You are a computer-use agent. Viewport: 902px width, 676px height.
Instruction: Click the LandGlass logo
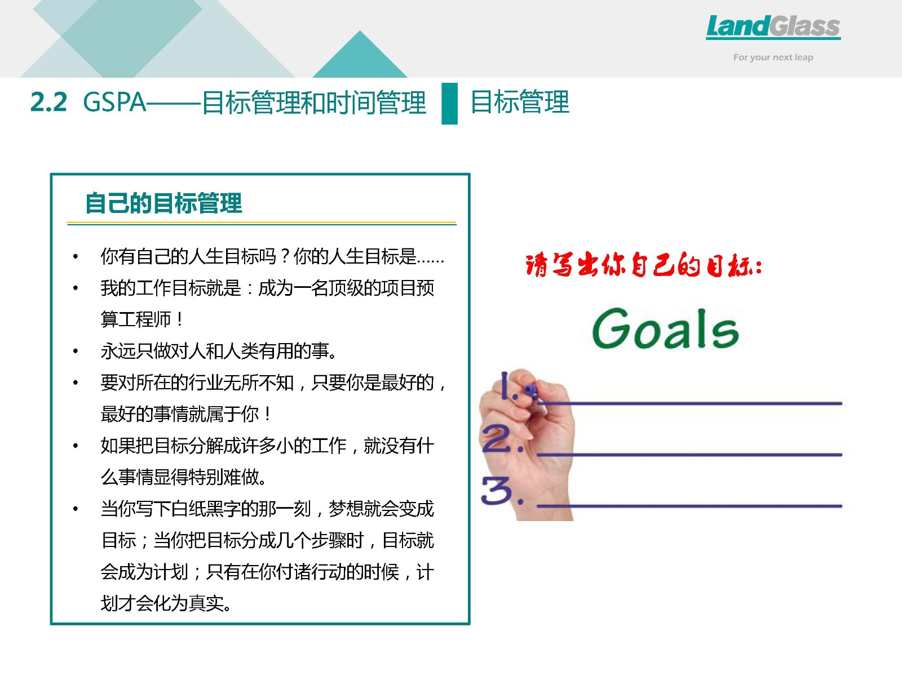pyautogui.click(x=773, y=26)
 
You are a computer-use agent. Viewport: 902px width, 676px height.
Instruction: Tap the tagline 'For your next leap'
pyautogui.click(x=773, y=57)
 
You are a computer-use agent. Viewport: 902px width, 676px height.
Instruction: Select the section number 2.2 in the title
pyautogui.click(x=48, y=102)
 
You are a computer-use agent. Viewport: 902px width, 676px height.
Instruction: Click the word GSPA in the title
pyautogui.click(x=114, y=102)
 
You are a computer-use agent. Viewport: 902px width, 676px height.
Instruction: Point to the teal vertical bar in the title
pyautogui.click(x=449, y=104)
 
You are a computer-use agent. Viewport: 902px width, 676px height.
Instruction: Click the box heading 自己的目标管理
pyautogui.click(x=163, y=203)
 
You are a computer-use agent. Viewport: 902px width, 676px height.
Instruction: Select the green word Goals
pyautogui.click(x=665, y=329)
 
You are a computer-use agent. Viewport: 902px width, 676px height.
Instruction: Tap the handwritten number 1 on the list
pyautogui.click(x=504, y=385)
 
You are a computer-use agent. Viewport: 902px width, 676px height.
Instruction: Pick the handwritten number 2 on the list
pyautogui.click(x=497, y=439)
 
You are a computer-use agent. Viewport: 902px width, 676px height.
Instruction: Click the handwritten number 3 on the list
pyautogui.click(x=497, y=490)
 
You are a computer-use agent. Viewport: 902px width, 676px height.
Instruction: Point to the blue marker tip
pyautogui.click(x=530, y=389)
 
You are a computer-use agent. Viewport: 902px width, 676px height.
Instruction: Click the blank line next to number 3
pyautogui.click(x=689, y=506)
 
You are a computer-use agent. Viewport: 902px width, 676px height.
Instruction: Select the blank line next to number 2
pyautogui.click(x=689, y=455)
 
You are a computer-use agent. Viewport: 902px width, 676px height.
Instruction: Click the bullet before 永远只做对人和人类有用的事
pyautogui.click(x=75, y=351)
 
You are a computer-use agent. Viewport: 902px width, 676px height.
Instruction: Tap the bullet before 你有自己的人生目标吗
pyautogui.click(x=75, y=256)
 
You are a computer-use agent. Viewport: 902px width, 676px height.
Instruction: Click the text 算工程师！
pyautogui.click(x=142, y=319)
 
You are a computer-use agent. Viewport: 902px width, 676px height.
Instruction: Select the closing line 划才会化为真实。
pyautogui.click(x=166, y=603)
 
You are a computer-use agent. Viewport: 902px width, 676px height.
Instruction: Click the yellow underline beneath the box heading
pyautogui.click(x=262, y=224)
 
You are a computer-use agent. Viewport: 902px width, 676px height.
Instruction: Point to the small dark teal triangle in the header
pyautogui.click(x=360, y=54)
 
